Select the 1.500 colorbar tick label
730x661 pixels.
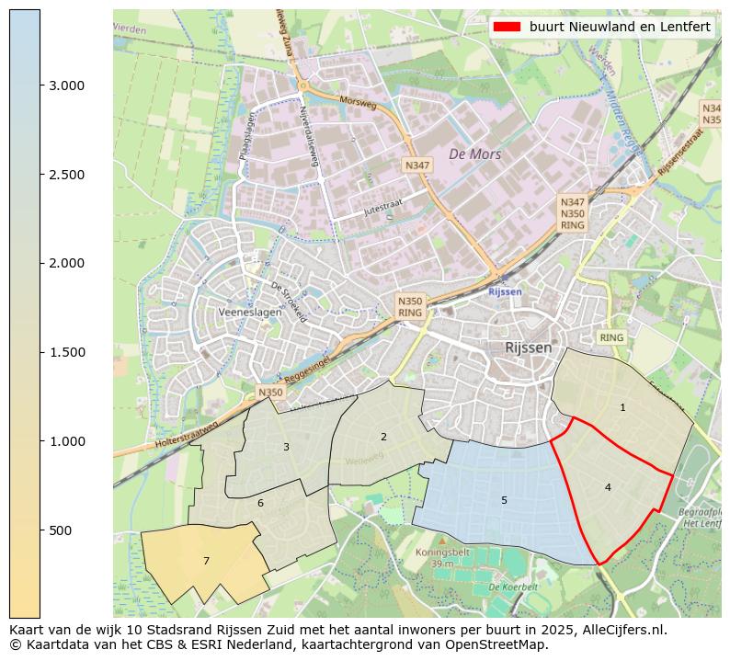tap(66, 352)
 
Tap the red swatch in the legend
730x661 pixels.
tap(507, 27)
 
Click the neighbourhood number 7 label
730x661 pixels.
tap(206, 561)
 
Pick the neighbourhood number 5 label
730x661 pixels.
tap(504, 500)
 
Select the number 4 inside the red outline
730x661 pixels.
tap(608, 487)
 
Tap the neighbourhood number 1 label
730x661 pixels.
tap(622, 407)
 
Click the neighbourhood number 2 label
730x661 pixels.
tap(383, 437)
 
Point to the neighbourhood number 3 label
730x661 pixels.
tap(286, 447)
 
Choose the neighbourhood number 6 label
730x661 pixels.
tap(260, 503)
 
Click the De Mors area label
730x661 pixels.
tap(474, 154)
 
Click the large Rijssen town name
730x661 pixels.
tap(529, 348)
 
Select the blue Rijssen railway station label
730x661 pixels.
tap(505, 291)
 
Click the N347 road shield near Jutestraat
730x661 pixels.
tap(416, 165)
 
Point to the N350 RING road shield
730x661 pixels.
tap(410, 306)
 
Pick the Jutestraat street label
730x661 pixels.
tap(359, 211)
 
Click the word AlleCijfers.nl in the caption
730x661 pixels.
tap(618, 630)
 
